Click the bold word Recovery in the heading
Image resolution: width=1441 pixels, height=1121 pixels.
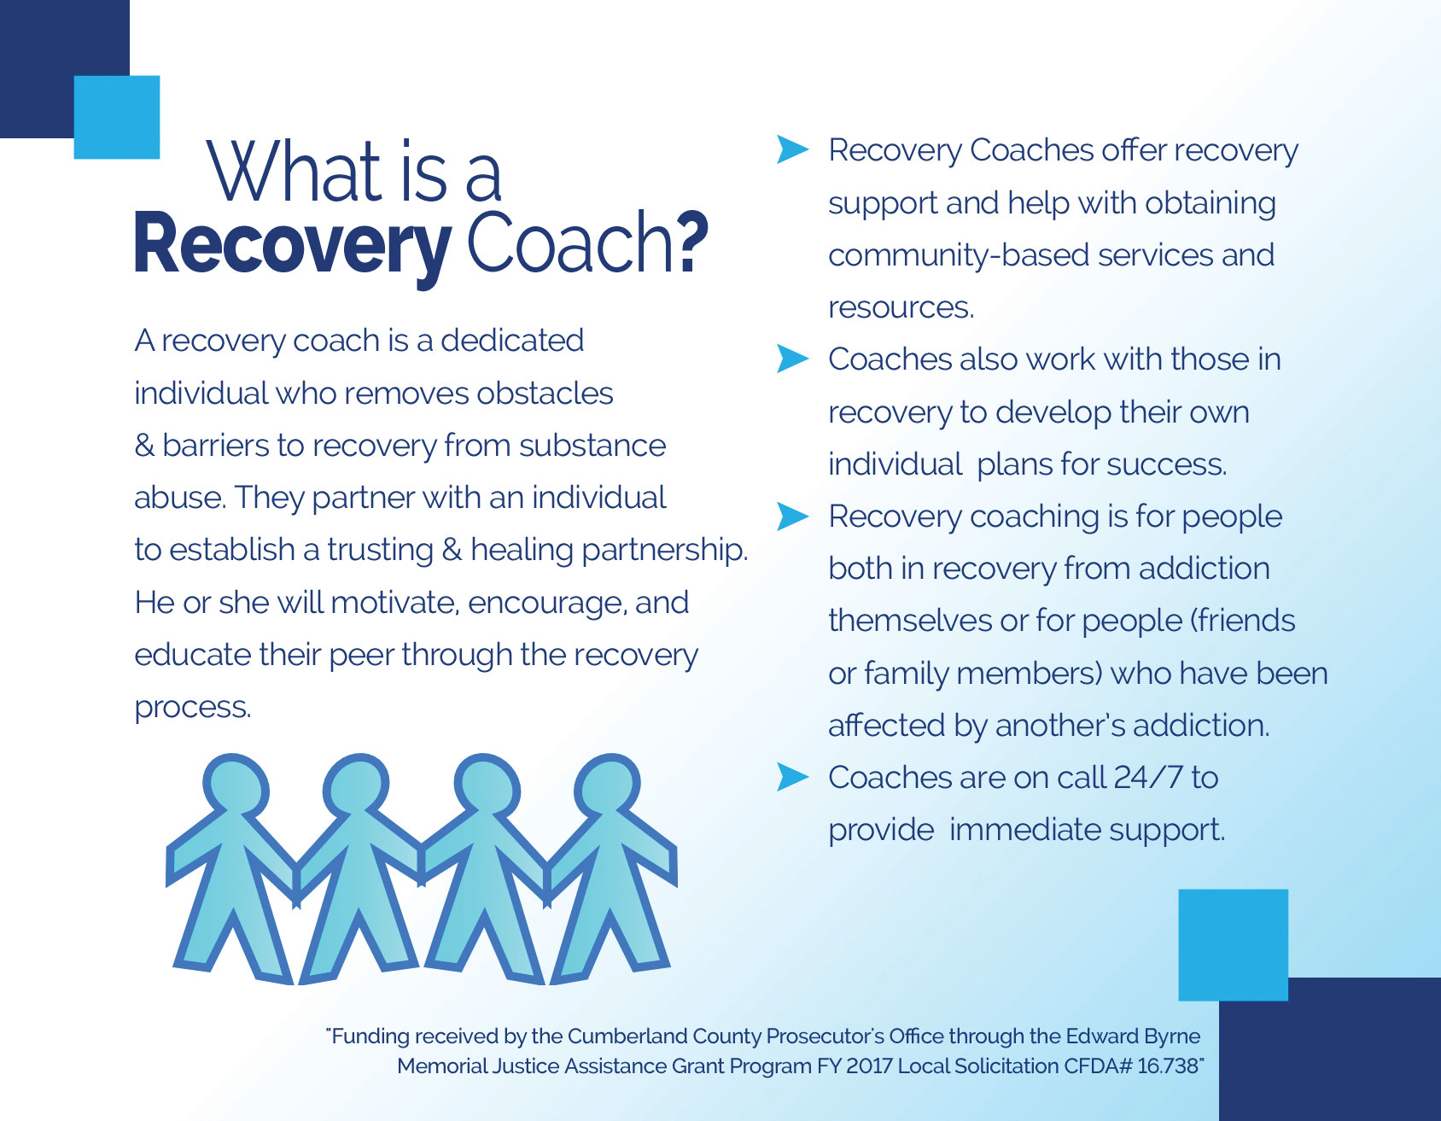[292, 245]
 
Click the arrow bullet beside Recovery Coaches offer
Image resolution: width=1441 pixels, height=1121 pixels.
[792, 149]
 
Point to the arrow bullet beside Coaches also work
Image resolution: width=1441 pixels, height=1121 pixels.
[792, 359]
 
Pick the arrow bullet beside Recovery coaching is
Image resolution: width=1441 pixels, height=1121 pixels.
[792, 516]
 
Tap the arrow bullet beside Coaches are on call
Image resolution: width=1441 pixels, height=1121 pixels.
[792, 777]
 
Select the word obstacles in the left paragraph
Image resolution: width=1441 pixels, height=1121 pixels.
[545, 393]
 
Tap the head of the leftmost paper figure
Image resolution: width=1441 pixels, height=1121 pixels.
[236, 785]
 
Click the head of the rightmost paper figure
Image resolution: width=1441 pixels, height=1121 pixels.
[607, 785]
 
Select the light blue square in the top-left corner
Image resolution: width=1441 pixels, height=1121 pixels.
[117, 117]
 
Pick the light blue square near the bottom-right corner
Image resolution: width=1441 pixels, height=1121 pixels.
[1233, 944]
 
